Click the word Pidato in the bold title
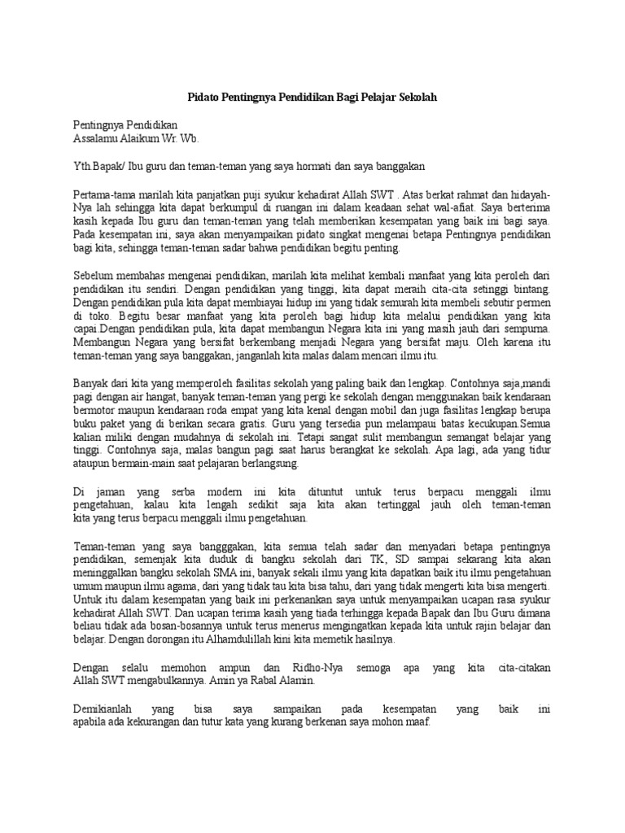203,96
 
